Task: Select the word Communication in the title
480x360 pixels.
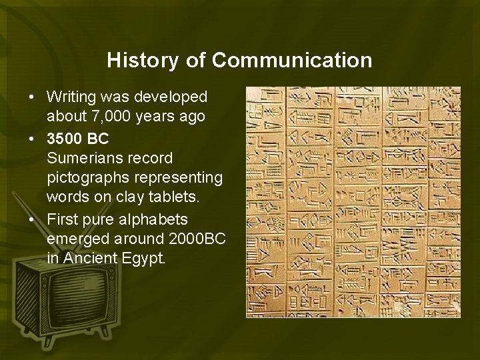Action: [292, 61]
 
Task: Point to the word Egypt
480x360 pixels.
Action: [143, 257]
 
